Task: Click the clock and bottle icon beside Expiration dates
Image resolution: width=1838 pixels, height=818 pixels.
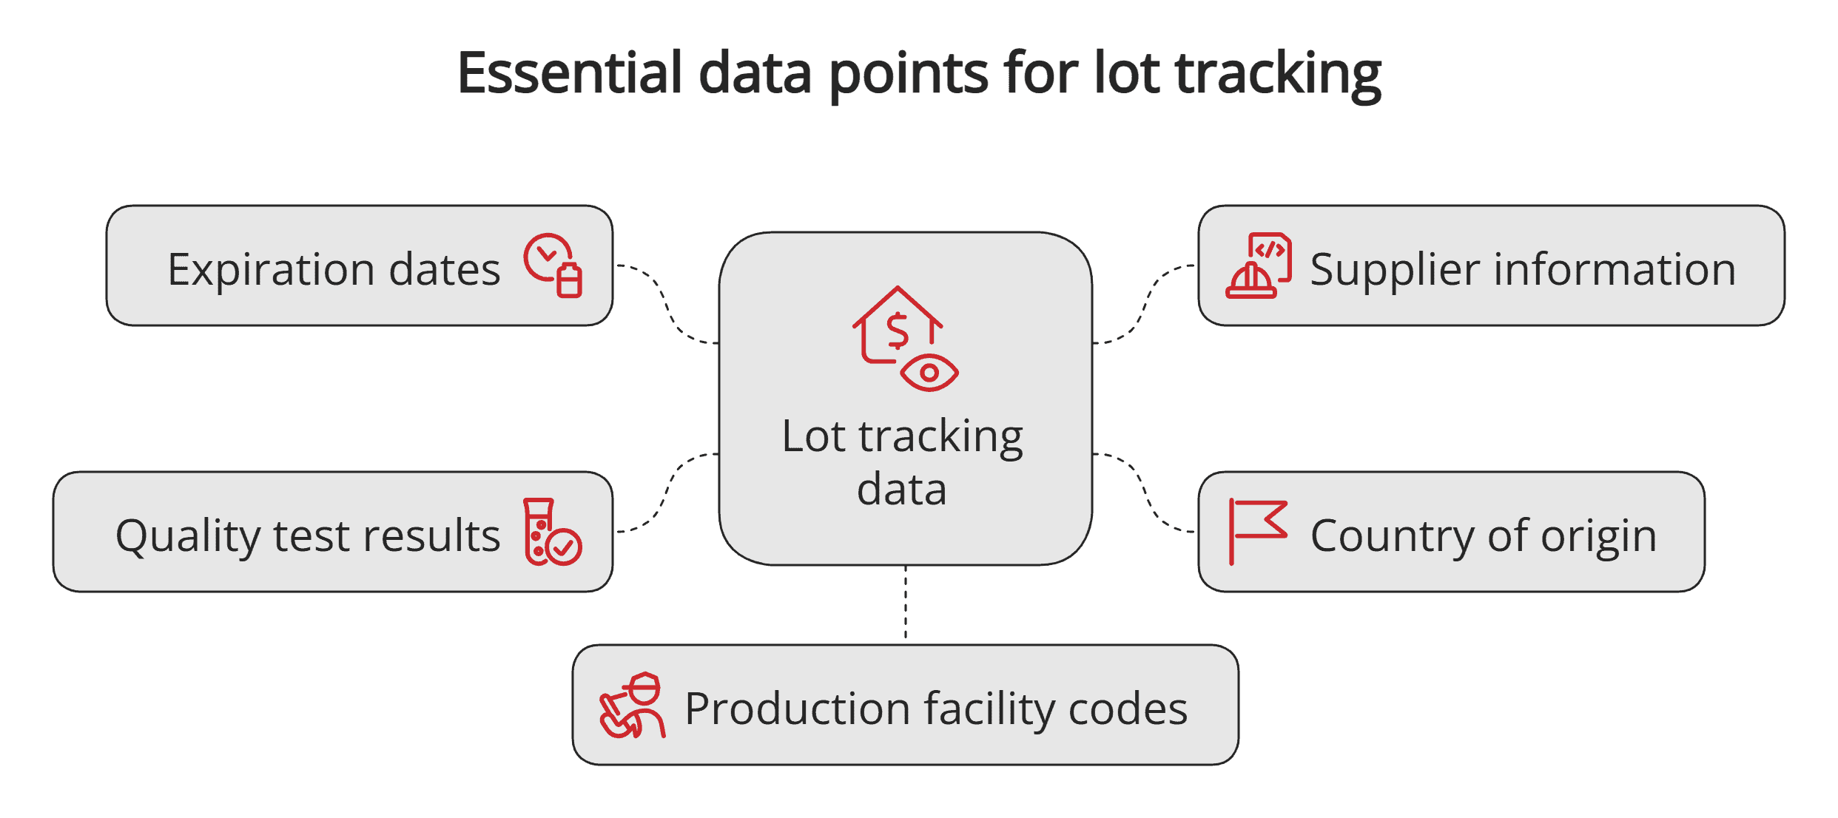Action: tap(553, 266)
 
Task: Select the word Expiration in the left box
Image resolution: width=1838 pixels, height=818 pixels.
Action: tap(272, 270)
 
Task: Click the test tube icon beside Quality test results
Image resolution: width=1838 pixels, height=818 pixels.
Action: tap(552, 532)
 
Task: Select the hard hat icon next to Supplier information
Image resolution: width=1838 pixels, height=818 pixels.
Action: tap(1259, 266)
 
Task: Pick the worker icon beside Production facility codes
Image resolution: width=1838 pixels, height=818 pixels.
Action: tap(633, 706)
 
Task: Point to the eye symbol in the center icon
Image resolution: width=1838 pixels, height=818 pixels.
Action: tap(929, 372)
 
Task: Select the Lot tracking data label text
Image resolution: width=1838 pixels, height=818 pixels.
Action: tap(902, 462)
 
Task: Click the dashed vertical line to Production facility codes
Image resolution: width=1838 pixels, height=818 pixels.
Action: tap(906, 603)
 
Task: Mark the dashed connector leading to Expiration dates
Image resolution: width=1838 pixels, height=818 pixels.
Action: tap(666, 302)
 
